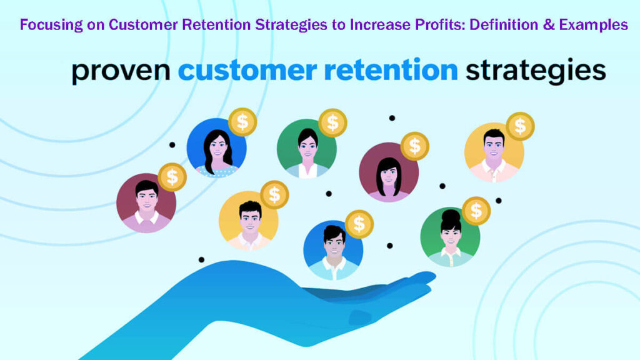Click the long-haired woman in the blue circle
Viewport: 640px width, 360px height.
coord(216,149)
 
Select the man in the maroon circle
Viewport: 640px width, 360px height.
coord(146,203)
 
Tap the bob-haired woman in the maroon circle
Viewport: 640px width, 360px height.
coord(389,172)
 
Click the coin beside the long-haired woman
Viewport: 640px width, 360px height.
coord(242,122)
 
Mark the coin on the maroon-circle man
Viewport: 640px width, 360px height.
coord(172,177)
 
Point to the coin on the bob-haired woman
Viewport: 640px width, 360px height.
coord(414,146)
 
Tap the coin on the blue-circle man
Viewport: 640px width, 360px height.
coord(359,224)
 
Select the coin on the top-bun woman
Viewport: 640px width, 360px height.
coord(476,211)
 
